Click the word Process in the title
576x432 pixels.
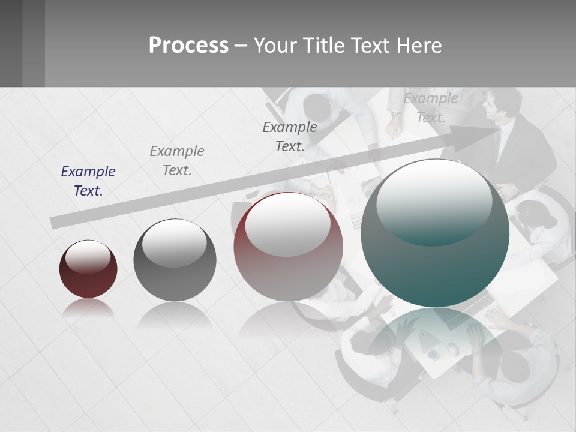(x=188, y=46)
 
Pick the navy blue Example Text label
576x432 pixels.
(x=88, y=181)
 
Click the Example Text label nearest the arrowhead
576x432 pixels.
(x=431, y=107)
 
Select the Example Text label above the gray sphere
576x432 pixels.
(x=177, y=160)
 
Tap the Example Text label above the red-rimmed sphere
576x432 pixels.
(x=290, y=136)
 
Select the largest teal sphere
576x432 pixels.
(x=435, y=240)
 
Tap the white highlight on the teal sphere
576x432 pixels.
(x=434, y=198)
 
